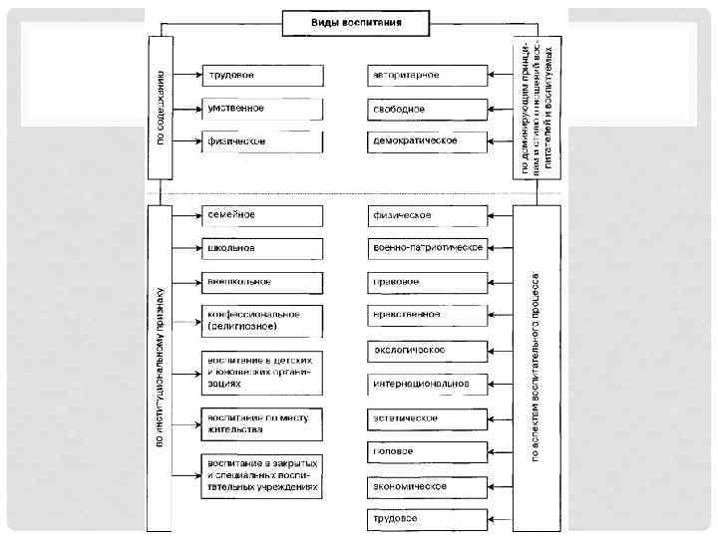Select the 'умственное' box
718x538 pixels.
[x=262, y=108]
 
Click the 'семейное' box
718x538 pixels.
[x=262, y=215]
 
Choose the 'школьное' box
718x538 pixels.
[x=262, y=248]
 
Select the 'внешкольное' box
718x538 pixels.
[x=262, y=281]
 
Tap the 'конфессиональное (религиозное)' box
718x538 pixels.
[x=262, y=320]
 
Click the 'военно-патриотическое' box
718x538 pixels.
[x=427, y=248]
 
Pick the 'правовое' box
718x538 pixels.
[x=427, y=282]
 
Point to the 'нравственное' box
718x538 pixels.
[x=427, y=316]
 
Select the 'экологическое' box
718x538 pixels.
[x=427, y=351]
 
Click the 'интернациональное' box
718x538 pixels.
[x=427, y=384]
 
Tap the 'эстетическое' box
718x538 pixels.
[x=427, y=418]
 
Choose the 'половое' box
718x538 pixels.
[x=427, y=452]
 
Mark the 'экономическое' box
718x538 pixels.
[x=427, y=486]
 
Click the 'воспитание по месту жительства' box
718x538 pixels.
[x=262, y=422]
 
